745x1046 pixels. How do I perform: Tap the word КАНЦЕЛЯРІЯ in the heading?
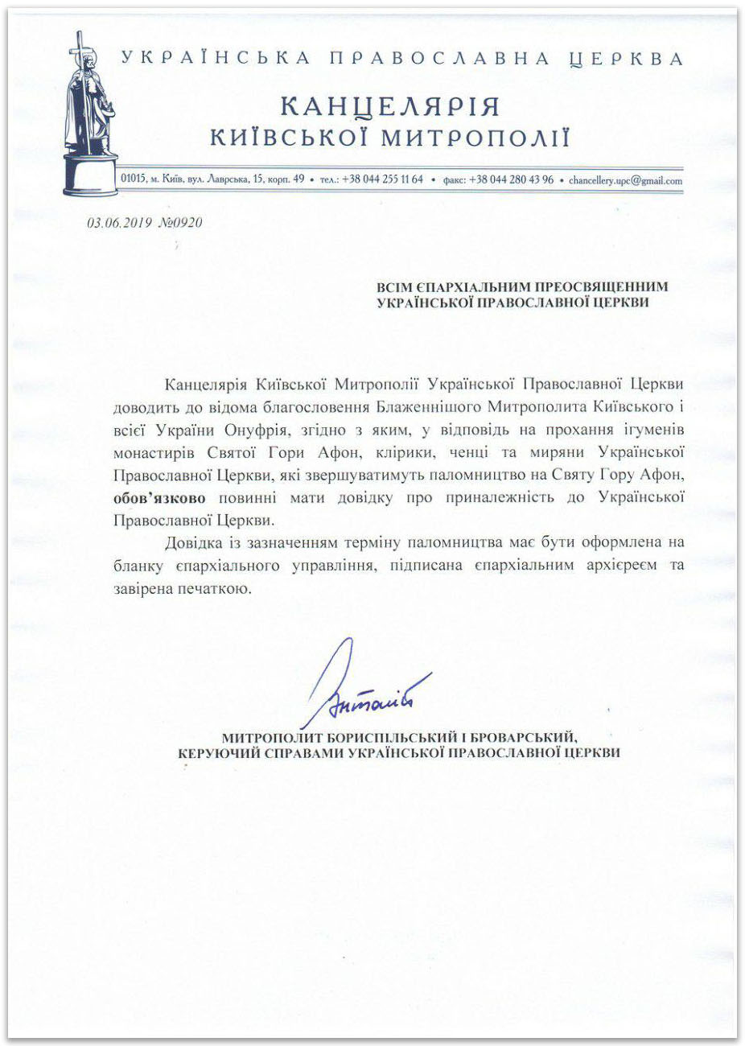[x=390, y=106]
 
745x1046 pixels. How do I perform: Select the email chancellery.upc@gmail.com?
[x=625, y=181]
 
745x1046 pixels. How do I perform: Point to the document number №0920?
[x=180, y=223]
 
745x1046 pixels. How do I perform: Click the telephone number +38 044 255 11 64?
[x=382, y=180]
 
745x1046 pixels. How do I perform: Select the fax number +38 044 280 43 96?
[x=512, y=180]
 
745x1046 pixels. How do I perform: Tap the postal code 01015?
[x=131, y=179]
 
